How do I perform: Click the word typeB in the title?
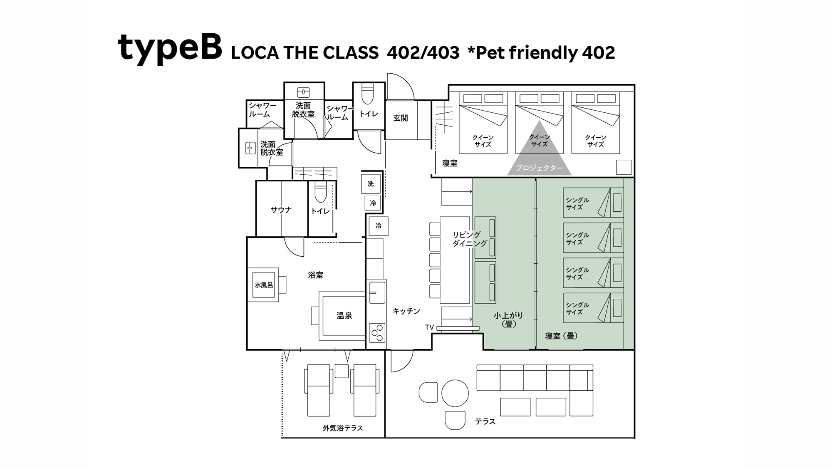click(x=170, y=48)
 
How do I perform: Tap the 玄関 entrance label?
click(x=401, y=118)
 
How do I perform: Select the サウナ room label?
click(x=281, y=210)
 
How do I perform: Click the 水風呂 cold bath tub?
click(x=264, y=285)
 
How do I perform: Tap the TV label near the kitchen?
click(x=430, y=327)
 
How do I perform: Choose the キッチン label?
click(x=406, y=311)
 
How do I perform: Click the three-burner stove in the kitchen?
click(x=377, y=332)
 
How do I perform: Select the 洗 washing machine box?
click(x=371, y=183)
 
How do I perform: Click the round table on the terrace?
click(x=455, y=393)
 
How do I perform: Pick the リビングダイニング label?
click(x=470, y=239)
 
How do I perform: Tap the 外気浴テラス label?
click(x=343, y=428)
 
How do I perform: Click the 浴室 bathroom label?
click(x=316, y=275)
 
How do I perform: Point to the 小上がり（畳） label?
click(x=508, y=319)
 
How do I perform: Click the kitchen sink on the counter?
click(x=377, y=292)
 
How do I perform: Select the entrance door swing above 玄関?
click(x=400, y=87)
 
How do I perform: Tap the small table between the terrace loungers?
click(x=342, y=371)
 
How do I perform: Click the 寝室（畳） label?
click(x=562, y=336)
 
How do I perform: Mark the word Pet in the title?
click(x=490, y=53)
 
